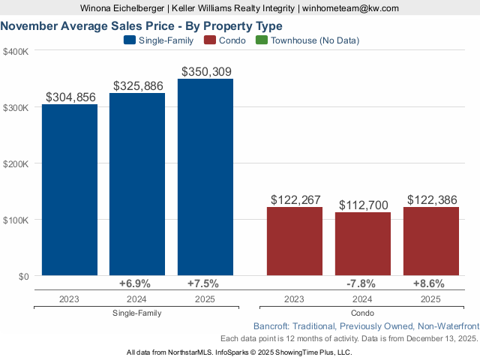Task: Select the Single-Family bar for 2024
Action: pyautogui.click(x=137, y=184)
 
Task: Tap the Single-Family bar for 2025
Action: pyautogui.click(x=205, y=177)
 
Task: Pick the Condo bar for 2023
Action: pyautogui.click(x=295, y=241)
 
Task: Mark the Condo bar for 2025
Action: pyautogui.click(x=431, y=241)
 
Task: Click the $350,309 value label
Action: pyautogui.click(x=206, y=71)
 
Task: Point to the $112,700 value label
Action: pyautogui.click(x=364, y=205)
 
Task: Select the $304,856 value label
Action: pyautogui.click(x=71, y=97)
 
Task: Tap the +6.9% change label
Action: pyautogui.click(x=135, y=283)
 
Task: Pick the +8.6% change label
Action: pyautogui.click(x=429, y=283)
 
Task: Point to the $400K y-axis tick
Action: pyautogui.click(x=16, y=52)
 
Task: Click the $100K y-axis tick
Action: pyautogui.click(x=16, y=220)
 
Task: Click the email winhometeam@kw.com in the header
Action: pyautogui.click(x=351, y=8)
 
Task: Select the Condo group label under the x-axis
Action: pyautogui.click(x=363, y=313)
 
